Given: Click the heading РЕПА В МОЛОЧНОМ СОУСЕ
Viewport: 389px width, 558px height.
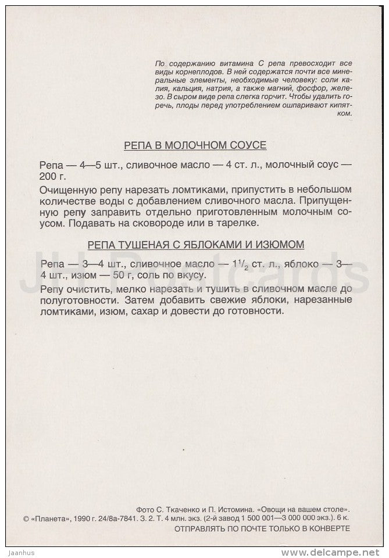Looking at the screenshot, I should pos(195,145).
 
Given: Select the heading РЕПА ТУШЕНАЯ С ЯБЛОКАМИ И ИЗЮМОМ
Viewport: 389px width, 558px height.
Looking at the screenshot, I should pos(195,244).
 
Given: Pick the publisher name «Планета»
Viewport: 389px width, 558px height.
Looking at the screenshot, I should pos(52,518).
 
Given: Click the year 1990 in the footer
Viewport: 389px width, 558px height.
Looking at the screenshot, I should pos(85,518).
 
